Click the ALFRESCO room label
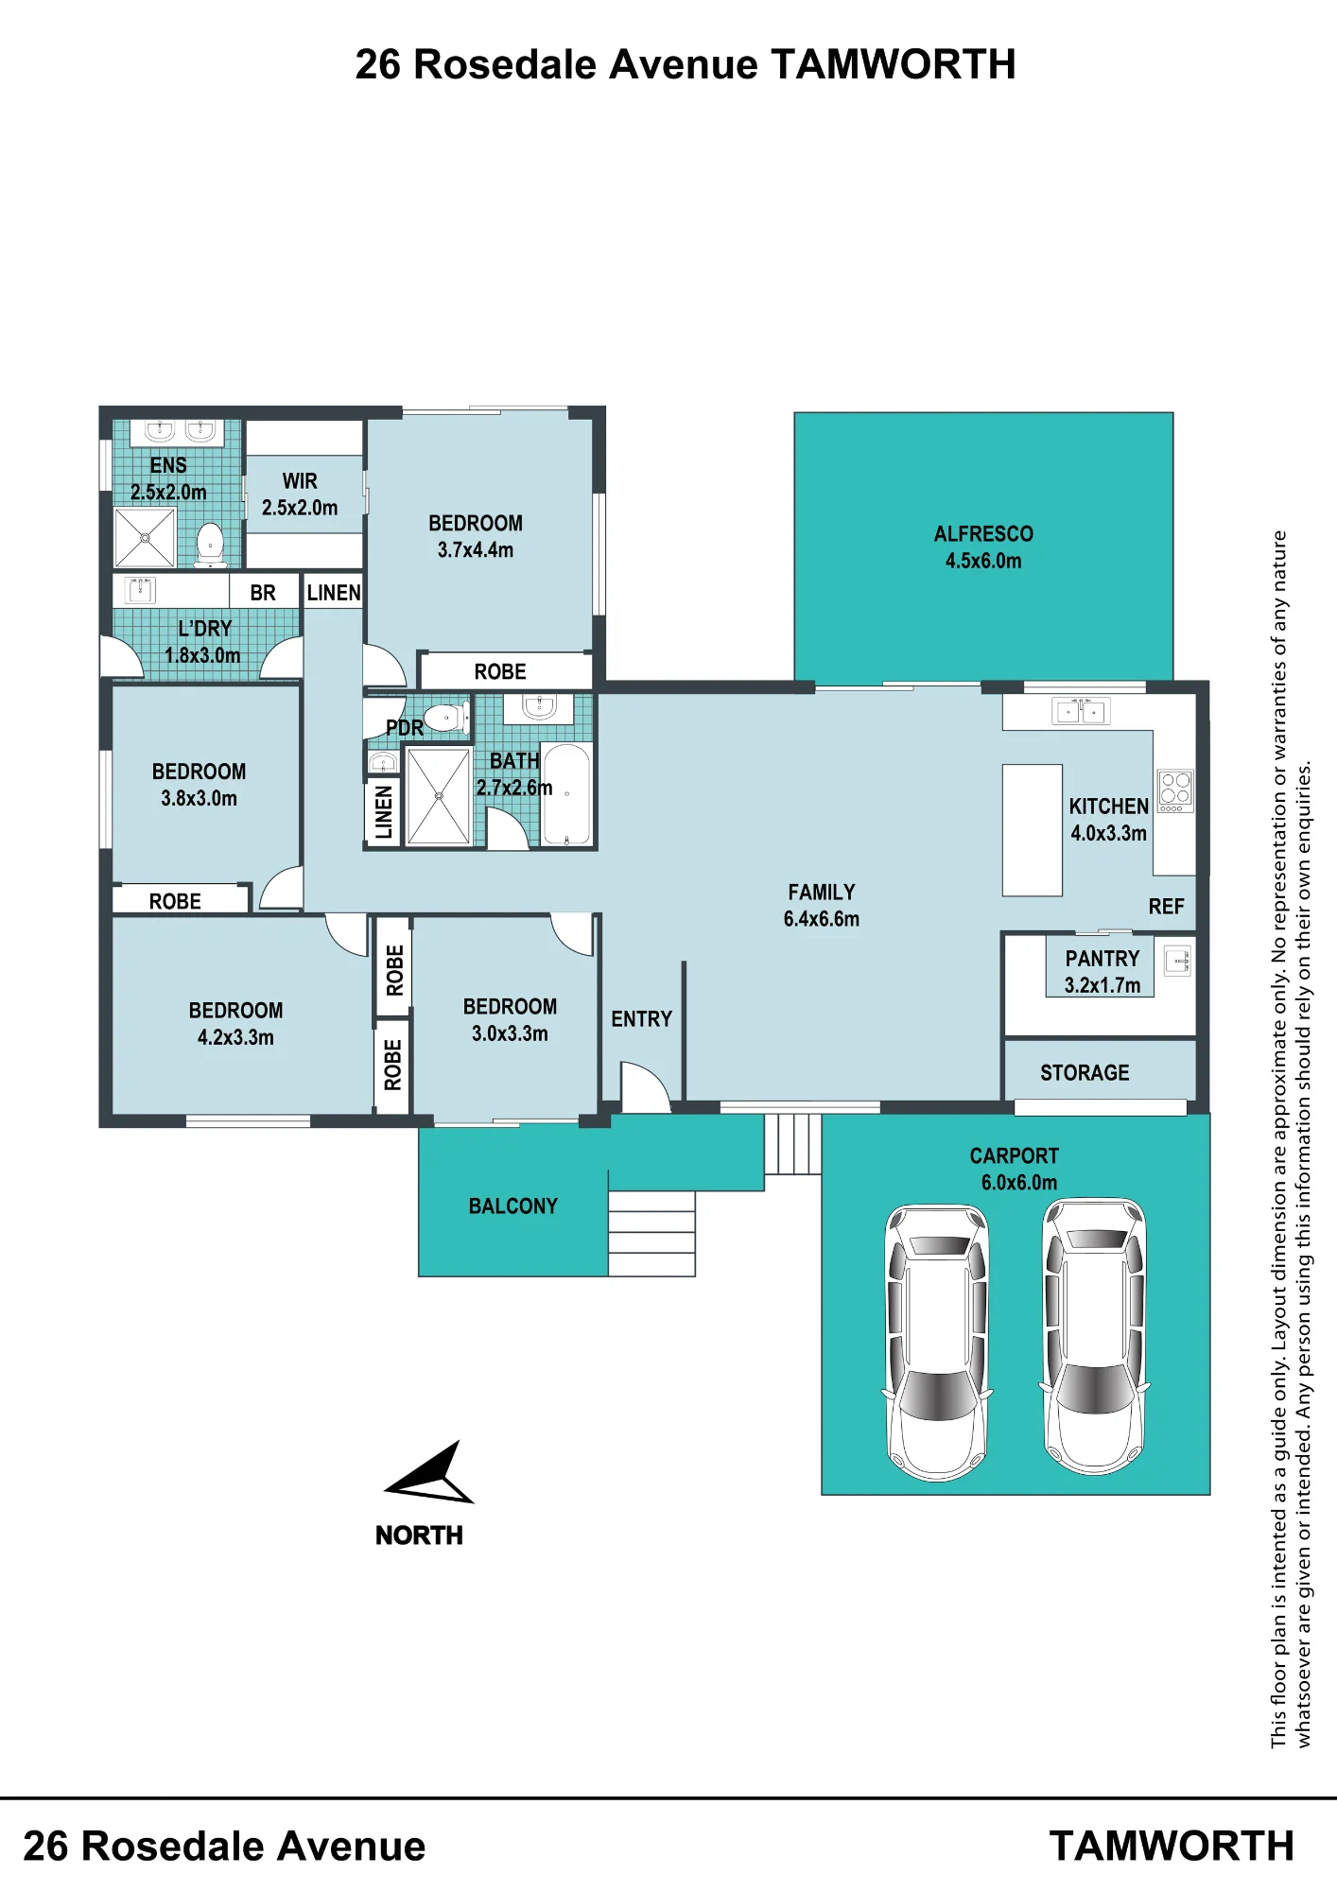pos(983,534)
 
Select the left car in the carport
pos(937,1343)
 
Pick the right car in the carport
pos(1094,1337)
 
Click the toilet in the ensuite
pos(210,545)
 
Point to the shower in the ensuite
pos(145,537)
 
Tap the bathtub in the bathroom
pos(566,793)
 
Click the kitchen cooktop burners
pos(1175,790)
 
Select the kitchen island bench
pos(1032,830)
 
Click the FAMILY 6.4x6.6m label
pos(822,905)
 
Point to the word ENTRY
pos(641,1019)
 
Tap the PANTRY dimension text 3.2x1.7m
pos(1103,985)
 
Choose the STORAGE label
pos(1085,1073)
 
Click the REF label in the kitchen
pos(1166,907)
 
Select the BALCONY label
pos(513,1206)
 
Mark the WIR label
pos(300,481)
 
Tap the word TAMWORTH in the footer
pos(1172,1847)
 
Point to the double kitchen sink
pos(1081,711)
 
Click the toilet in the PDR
pos(446,719)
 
